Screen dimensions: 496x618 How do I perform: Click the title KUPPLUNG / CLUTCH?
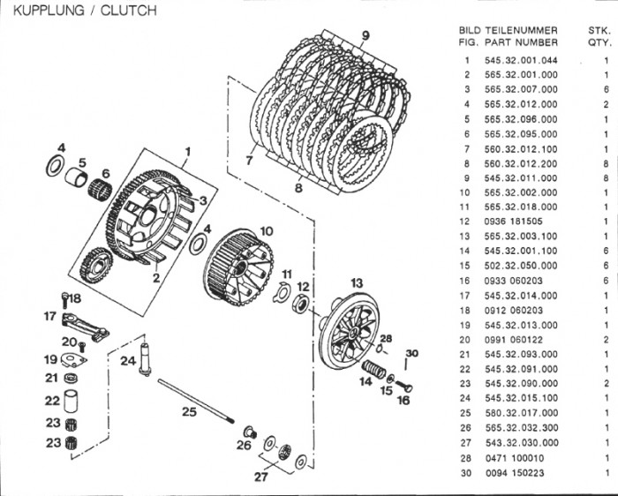(x=80, y=11)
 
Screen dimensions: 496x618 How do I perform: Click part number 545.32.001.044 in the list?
(x=521, y=60)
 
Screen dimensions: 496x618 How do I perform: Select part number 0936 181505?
(x=515, y=222)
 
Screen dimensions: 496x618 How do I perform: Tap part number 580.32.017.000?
(x=521, y=413)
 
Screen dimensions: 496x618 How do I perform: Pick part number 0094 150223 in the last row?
(x=515, y=472)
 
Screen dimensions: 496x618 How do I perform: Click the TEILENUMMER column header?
(x=521, y=29)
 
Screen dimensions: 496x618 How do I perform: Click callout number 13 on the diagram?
(x=357, y=282)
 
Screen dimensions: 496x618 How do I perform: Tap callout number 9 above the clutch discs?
(x=364, y=35)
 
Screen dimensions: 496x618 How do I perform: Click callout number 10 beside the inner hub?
(x=266, y=231)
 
